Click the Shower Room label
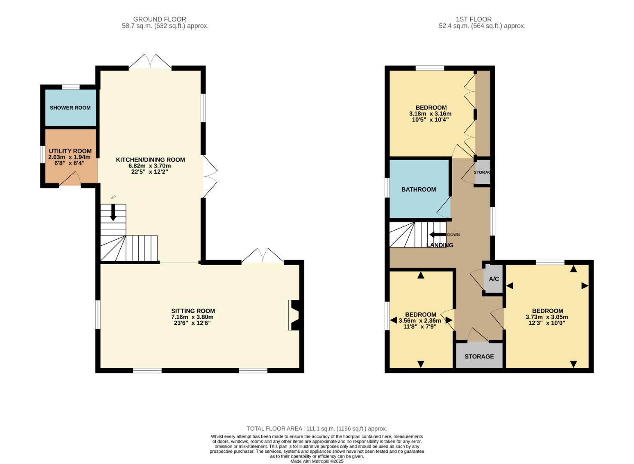pyautogui.click(x=70, y=107)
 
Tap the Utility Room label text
pyautogui.click(x=70, y=151)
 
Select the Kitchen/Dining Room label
pyautogui.click(x=150, y=160)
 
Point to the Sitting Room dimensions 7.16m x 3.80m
pyautogui.click(x=193, y=317)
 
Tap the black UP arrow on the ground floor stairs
pyautogui.click(x=113, y=212)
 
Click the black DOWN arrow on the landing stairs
pyautogui.click(x=438, y=235)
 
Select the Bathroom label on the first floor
pyautogui.click(x=419, y=189)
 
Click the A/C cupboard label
pyautogui.click(x=494, y=279)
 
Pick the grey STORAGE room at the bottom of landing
pyautogui.click(x=479, y=356)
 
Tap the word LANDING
pyautogui.click(x=440, y=245)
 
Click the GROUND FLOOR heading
pyautogui.click(x=159, y=19)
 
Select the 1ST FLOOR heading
pyautogui.click(x=474, y=19)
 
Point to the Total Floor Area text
pyautogui.click(x=317, y=428)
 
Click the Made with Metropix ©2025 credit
pyautogui.click(x=317, y=461)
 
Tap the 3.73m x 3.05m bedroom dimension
pyautogui.click(x=547, y=317)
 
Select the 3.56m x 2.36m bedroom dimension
pyautogui.click(x=420, y=321)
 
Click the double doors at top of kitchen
pyautogui.click(x=150, y=62)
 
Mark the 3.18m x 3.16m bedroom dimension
pyautogui.click(x=430, y=114)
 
